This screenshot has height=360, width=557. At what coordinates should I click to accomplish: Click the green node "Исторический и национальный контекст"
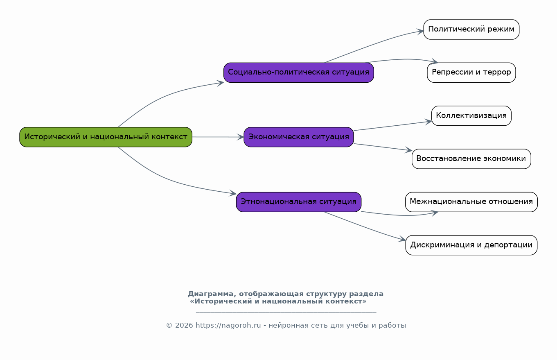pos(106,137)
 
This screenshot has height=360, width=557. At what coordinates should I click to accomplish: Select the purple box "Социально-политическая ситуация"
pos(299,72)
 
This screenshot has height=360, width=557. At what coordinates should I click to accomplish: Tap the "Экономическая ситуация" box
pos(299,137)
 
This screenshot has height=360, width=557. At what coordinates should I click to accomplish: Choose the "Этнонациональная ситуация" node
pos(299,202)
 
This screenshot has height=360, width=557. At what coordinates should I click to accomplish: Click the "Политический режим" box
pos(471,29)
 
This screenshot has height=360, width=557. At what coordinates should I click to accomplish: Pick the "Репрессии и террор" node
pos(471,72)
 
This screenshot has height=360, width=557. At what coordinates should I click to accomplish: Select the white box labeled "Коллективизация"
pos(471,115)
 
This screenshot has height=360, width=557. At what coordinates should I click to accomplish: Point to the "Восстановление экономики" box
pos(471,159)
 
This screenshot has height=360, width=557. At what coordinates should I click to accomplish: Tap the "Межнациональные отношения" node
pos(471,202)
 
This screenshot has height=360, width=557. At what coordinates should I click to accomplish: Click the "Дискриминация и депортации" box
pos(471,245)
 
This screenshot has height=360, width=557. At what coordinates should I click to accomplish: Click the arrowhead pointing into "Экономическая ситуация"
pos(241,137)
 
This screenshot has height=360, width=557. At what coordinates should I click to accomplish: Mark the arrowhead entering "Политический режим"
pos(420,32)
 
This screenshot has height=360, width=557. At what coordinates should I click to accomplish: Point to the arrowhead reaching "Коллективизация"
pos(428,122)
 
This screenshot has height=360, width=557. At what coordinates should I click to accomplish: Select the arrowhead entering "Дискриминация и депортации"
pos(402,239)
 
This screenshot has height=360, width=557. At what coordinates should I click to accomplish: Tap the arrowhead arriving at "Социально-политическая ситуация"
pos(221,83)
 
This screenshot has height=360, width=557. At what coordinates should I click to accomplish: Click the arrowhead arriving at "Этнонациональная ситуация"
pos(233,193)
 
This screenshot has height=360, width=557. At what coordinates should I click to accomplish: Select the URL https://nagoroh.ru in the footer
pos(228,326)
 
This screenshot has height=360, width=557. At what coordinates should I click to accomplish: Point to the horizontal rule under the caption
pos(286,312)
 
